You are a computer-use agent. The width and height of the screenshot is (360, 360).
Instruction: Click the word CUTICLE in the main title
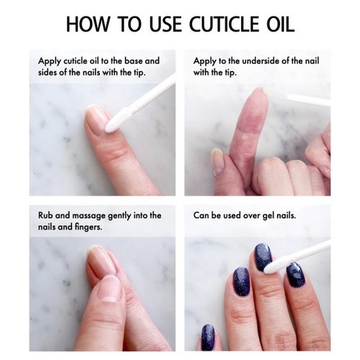[x=224, y=24]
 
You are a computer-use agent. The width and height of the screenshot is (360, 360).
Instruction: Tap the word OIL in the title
[x=281, y=24]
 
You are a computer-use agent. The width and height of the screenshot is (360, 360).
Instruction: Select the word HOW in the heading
[x=87, y=24]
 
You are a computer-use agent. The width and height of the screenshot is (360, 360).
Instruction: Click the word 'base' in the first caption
[x=133, y=60]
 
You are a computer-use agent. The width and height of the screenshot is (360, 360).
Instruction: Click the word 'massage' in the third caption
[x=89, y=216]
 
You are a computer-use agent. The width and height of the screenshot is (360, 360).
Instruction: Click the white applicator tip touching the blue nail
[x=271, y=268]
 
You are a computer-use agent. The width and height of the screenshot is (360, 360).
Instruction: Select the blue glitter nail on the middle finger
[x=263, y=257]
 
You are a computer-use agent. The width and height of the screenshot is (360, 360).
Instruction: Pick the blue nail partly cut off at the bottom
[x=208, y=338]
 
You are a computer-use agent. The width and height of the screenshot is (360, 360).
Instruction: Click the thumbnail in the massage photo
[x=108, y=289]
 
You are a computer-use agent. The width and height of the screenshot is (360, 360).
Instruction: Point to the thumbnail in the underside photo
[x=217, y=161]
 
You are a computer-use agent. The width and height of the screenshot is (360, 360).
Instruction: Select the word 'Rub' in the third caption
[x=45, y=215]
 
